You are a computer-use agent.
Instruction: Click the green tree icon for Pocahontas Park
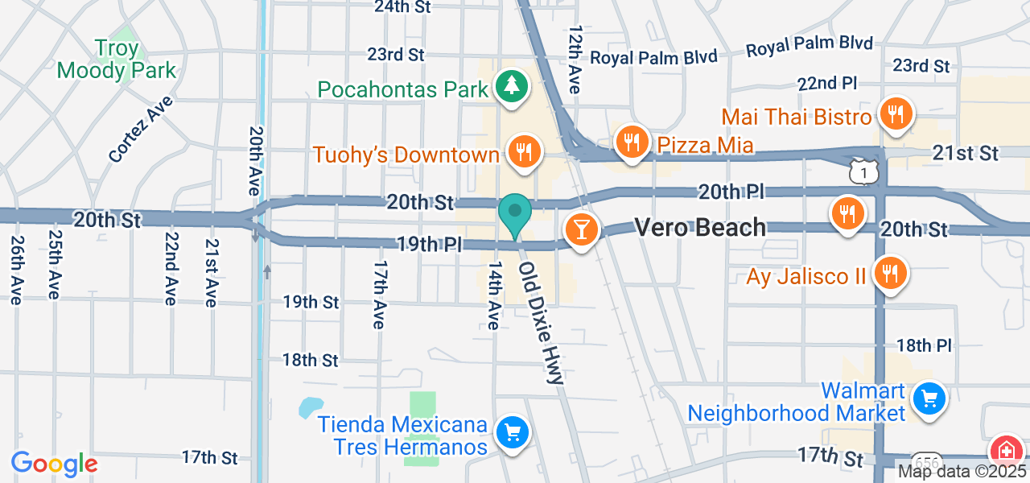click(510, 85)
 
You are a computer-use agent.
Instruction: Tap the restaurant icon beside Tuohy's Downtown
click(524, 150)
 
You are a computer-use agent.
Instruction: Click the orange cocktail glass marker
click(580, 229)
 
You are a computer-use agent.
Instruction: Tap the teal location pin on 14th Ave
click(515, 214)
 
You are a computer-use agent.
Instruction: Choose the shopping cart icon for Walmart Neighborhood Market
click(929, 398)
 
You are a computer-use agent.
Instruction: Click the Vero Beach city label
click(700, 228)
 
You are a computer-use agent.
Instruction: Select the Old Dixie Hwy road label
click(541, 322)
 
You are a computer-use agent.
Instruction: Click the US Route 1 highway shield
click(862, 171)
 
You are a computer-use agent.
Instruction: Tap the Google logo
click(55, 464)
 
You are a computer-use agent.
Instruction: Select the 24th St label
click(402, 7)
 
